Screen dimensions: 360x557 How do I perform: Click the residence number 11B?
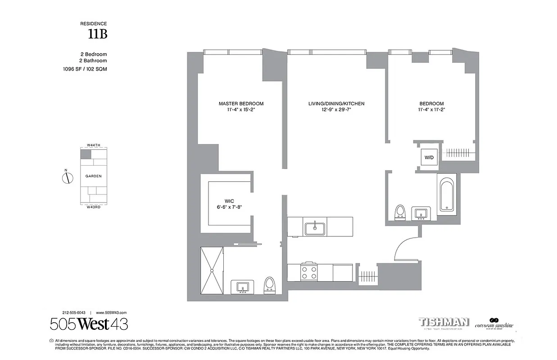99,34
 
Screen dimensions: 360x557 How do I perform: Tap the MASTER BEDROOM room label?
241,103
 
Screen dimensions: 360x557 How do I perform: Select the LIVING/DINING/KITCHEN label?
336,103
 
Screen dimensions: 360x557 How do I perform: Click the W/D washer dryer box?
427,157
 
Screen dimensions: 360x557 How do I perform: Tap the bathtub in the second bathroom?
446,194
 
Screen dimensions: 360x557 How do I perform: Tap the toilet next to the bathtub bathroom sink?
399,212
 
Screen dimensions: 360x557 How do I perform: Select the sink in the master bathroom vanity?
243,287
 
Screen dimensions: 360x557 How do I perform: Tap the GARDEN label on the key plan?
93,176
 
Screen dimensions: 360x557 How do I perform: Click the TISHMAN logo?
444,322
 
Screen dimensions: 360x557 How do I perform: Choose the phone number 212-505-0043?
74,312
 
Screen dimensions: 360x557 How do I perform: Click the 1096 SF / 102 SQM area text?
85,69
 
